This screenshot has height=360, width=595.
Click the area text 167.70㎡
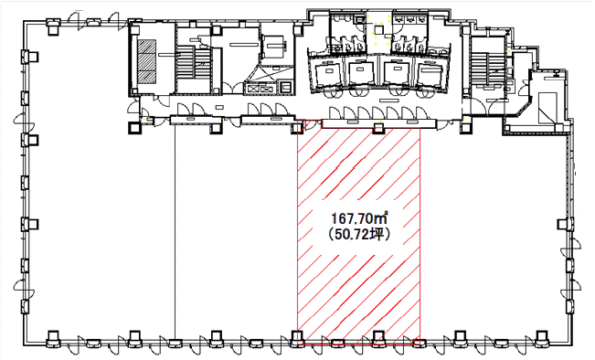point(359,219)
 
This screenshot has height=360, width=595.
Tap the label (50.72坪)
point(359,236)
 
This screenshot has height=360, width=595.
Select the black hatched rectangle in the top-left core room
point(146,61)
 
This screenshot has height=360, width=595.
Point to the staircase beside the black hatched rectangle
point(194,62)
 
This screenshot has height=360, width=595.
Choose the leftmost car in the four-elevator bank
point(327,73)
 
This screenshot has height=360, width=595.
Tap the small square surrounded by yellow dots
point(378,29)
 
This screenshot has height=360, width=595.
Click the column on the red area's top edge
point(378,128)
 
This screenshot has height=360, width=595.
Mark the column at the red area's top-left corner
point(297,128)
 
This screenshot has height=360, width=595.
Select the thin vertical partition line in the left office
point(175,231)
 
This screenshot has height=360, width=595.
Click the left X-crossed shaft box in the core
point(253,90)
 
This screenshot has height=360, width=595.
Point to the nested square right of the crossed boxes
point(285,88)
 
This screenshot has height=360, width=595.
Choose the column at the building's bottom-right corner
point(542,337)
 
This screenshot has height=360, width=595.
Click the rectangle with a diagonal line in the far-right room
point(547,108)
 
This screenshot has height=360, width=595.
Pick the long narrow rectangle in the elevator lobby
point(389,101)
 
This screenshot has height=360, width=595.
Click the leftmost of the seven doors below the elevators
point(335,113)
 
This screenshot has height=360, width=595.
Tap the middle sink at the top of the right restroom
point(410,18)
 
